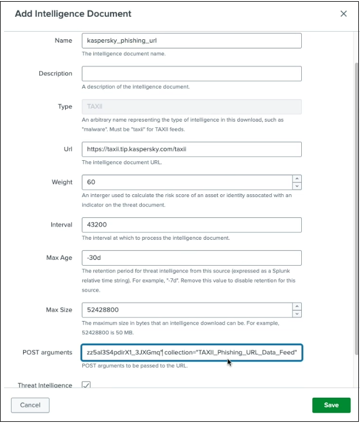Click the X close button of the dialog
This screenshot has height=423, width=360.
[x=344, y=14]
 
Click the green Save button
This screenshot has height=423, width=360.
[x=331, y=405]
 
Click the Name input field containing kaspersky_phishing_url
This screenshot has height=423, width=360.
[x=192, y=41]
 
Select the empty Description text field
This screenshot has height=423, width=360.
[x=192, y=74]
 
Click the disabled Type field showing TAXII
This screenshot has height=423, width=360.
[x=192, y=107]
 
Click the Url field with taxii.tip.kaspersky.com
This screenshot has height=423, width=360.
[x=192, y=149]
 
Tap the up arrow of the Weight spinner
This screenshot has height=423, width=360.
[x=297, y=179]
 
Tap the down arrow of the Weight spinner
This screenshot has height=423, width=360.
[x=297, y=186]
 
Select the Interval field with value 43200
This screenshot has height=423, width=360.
[x=192, y=225]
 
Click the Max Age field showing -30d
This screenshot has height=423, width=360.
[x=192, y=258]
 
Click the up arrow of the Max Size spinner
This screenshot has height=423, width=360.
[x=297, y=307]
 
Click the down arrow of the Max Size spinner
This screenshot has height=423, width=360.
[x=297, y=314]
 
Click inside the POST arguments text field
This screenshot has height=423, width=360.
[x=192, y=353]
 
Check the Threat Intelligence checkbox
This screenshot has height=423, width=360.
[x=86, y=385]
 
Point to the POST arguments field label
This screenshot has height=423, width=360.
[x=47, y=353]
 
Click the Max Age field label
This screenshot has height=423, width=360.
[x=59, y=258]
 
